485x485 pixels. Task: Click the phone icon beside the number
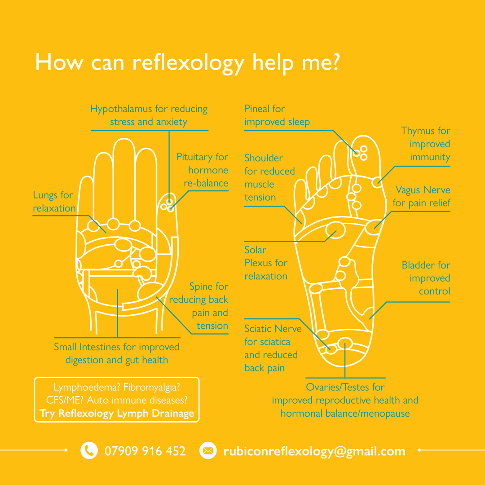(89, 450)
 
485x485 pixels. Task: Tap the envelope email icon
(207, 450)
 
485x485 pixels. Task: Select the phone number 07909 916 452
(145, 451)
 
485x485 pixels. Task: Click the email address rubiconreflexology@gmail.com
(314, 451)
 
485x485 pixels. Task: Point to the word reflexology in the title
(188, 63)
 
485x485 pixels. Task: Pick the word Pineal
(258, 109)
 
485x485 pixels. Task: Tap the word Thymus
(418, 131)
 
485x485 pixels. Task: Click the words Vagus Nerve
(423, 190)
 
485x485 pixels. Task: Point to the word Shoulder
(264, 158)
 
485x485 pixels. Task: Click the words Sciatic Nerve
(273, 329)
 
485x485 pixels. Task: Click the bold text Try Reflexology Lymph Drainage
(117, 414)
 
